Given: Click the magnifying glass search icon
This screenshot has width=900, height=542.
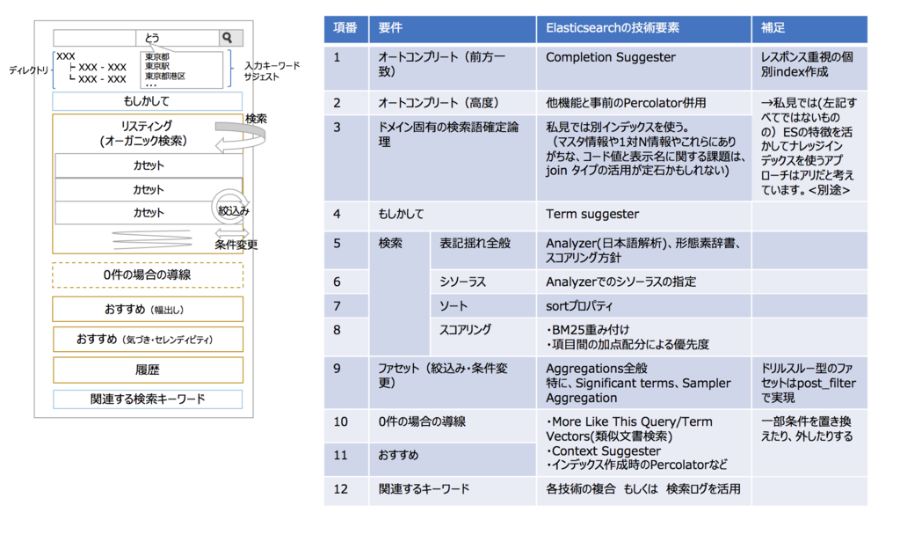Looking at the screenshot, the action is click(228, 38).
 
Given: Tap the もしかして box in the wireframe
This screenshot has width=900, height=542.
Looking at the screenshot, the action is click(147, 101).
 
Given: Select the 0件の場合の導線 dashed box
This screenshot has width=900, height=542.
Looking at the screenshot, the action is click(148, 275).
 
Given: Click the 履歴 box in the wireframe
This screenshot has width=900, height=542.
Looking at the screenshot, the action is click(148, 370).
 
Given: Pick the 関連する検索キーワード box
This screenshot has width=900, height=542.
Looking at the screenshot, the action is click(148, 399).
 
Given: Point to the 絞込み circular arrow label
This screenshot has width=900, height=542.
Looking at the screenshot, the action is click(233, 211).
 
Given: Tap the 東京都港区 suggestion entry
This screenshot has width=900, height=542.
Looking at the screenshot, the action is click(164, 76).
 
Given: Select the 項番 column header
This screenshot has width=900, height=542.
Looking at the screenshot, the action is click(345, 28).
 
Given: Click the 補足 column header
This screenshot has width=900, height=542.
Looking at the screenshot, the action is click(809, 28).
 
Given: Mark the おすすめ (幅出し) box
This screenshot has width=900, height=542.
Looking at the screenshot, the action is click(148, 309).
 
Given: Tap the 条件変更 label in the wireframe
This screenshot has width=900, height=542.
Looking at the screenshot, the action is click(236, 245).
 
